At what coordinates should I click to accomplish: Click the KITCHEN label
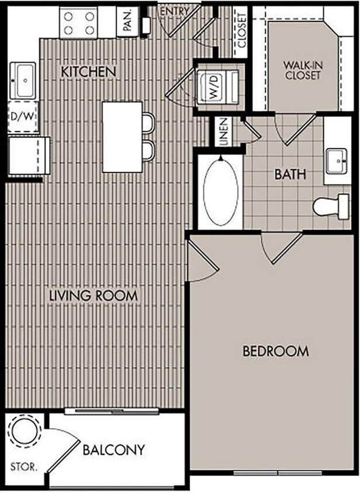(89, 71)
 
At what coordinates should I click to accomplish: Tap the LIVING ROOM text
(94, 295)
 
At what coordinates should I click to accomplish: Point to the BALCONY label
(113, 450)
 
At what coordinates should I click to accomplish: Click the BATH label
(290, 174)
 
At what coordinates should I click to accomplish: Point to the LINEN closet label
(223, 131)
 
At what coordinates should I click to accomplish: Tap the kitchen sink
(24, 81)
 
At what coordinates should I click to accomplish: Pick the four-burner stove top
(79, 23)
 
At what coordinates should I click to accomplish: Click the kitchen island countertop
(122, 137)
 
